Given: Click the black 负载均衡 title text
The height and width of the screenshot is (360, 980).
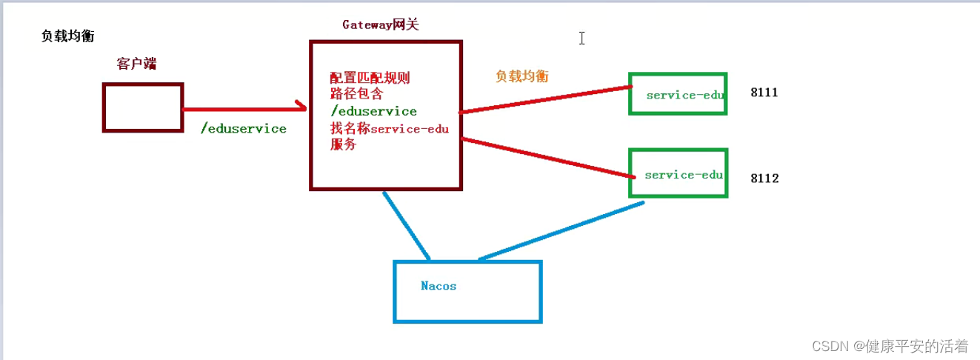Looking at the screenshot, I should coord(67,36).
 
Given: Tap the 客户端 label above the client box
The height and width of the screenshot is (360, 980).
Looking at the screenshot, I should coord(136,64).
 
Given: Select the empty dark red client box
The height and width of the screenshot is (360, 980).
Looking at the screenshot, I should coord(143,107).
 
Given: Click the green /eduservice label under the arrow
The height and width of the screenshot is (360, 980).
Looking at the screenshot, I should coord(243,129).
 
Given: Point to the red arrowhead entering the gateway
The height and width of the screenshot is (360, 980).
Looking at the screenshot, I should coord(301,107).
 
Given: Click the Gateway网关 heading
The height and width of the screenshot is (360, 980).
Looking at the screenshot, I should coord(381,24).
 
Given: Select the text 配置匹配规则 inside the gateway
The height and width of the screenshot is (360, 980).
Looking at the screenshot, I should coord(370,79).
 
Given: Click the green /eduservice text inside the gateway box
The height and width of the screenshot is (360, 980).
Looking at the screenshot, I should coord(373,111).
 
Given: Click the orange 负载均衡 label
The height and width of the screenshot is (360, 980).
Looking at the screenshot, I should coord(522,76).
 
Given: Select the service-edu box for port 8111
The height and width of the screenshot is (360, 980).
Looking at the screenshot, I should coord(678,94).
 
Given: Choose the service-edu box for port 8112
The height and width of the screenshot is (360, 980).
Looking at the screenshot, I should coord(678,174).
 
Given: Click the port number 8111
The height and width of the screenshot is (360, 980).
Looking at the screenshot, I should coord(764,93).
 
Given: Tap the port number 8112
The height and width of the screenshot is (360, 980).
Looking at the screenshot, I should coord(764,179).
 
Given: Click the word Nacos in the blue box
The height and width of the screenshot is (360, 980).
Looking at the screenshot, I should coord(439,285).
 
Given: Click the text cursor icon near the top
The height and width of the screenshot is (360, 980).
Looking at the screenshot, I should coord(582,38).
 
